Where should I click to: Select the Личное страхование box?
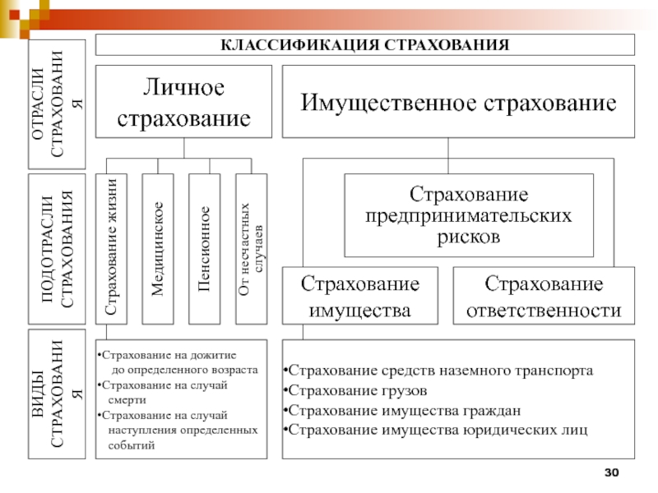pyautogui.click(x=183, y=102)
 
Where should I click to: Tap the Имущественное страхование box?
pyautogui.click(x=459, y=102)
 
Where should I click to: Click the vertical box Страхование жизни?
pyautogui.click(x=111, y=247)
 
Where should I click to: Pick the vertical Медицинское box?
pyautogui.click(x=158, y=247)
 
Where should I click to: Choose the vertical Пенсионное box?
pyautogui.click(x=204, y=247)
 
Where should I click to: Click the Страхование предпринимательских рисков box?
pyautogui.click(x=469, y=215)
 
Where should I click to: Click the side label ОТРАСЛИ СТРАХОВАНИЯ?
pyautogui.click(x=57, y=104)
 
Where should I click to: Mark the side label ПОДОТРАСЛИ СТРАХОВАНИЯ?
pyautogui.click(x=57, y=247)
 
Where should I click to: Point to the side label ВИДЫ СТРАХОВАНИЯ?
pyautogui.click(x=57, y=394)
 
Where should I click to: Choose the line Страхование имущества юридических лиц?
pyautogui.click(x=434, y=429)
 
